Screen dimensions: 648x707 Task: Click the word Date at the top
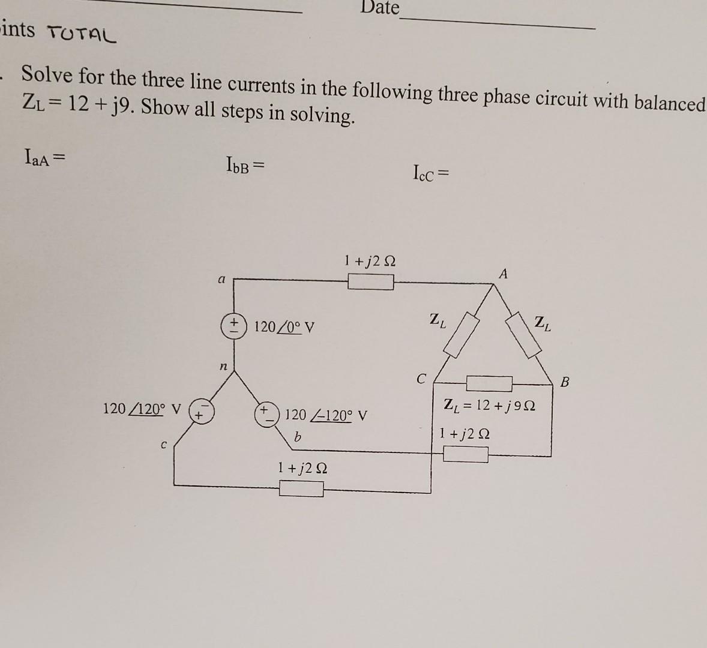[380, 8]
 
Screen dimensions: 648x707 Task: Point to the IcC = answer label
[430, 175]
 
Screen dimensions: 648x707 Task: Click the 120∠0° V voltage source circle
[233, 327]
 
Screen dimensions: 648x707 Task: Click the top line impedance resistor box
[371, 281]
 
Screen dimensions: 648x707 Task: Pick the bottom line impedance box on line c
[301, 490]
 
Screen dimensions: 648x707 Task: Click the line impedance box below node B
[466, 455]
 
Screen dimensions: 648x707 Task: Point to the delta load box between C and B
[489, 383]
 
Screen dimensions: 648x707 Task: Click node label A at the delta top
[503, 274]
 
